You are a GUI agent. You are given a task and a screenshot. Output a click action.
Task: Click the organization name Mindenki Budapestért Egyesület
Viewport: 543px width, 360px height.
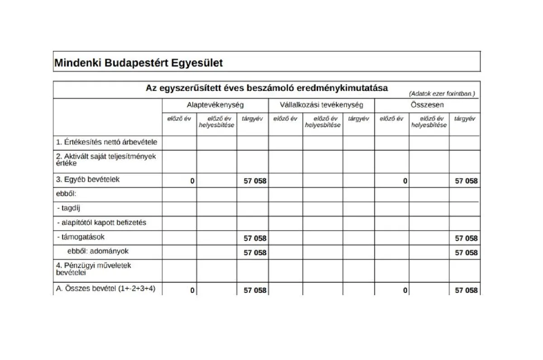tap(138, 62)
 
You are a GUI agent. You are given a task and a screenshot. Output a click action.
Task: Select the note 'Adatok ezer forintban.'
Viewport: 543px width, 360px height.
tap(442, 94)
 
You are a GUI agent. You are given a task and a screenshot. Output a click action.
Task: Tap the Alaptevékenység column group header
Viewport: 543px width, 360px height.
tap(215, 105)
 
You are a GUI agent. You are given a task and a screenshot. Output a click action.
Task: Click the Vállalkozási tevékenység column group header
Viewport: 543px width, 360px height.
tap(321, 105)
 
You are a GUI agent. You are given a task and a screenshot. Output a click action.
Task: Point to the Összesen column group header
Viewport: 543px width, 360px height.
tap(427, 105)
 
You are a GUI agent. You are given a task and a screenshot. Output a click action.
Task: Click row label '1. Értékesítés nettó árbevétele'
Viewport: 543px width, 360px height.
tap(107, 142)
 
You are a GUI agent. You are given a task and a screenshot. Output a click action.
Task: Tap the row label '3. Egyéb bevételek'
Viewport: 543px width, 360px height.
tap(88, 179)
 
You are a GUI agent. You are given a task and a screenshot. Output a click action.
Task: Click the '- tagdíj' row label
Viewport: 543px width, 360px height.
tap(69, 208)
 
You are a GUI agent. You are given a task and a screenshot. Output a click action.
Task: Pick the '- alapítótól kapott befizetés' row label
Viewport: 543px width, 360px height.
tap(102, 223)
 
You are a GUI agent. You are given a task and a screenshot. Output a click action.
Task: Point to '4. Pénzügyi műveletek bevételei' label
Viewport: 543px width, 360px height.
tap(93, 269)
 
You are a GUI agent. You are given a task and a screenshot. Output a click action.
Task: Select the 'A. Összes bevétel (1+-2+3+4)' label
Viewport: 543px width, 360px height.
tap(106, 288)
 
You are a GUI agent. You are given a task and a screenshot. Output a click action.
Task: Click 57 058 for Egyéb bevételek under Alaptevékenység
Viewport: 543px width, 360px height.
tap(255, 181)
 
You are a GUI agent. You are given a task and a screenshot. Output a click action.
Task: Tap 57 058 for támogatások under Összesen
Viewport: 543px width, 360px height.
tap(466, 238)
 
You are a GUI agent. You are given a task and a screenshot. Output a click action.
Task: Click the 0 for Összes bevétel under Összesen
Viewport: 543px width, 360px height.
tap(405, 291)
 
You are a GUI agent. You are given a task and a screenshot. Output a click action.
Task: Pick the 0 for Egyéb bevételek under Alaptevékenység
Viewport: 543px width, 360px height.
tap(192, 181)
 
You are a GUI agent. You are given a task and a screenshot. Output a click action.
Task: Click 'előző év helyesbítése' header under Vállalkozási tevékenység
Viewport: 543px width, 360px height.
tap(323, 122)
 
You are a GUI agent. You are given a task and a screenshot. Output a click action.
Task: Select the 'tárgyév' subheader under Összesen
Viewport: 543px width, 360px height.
tap(465, 119)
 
